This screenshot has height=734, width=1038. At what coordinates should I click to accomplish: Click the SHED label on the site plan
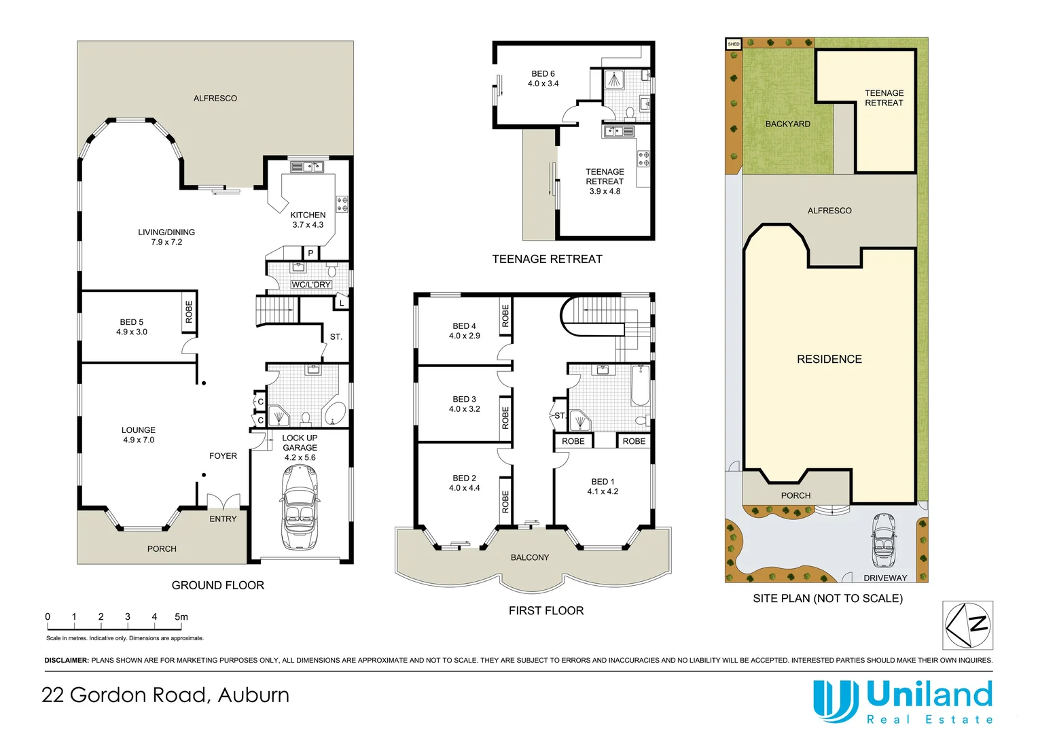pos(734,44)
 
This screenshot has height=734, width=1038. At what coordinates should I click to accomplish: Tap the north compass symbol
pos(967,625)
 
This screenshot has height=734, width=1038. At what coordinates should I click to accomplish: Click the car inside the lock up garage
pos(300,507)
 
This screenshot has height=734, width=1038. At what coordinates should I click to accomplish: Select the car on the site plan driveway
pos(884,540)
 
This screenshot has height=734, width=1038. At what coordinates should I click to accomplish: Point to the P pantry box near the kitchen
pos(311,254)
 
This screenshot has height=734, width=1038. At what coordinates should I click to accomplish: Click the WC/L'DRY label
pos(311,284)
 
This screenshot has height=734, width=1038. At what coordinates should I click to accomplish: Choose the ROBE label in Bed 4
pos(505,316)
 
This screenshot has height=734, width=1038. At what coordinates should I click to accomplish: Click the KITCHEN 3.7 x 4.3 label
pos(308,220)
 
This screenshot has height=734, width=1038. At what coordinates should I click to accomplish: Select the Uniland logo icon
pos(833,701)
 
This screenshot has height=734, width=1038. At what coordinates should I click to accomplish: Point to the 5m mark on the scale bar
pos(181,616)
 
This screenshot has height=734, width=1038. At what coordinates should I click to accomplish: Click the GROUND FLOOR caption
pos(218,585)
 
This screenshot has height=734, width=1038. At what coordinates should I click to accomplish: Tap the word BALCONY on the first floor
pos(530,557)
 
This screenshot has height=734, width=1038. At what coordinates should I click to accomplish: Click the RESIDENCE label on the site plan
pos(829,359)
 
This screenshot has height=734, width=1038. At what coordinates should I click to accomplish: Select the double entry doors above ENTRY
pos(223,500)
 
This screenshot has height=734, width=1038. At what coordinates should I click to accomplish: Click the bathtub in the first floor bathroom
pos(641,385)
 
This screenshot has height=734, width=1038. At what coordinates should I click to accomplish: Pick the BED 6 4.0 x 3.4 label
pos(543,78)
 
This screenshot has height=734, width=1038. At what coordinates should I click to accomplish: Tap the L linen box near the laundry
pos(342,303)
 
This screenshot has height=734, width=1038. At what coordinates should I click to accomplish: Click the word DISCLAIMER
pos(67,661)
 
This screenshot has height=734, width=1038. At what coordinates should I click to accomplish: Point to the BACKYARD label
pos(788,124)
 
